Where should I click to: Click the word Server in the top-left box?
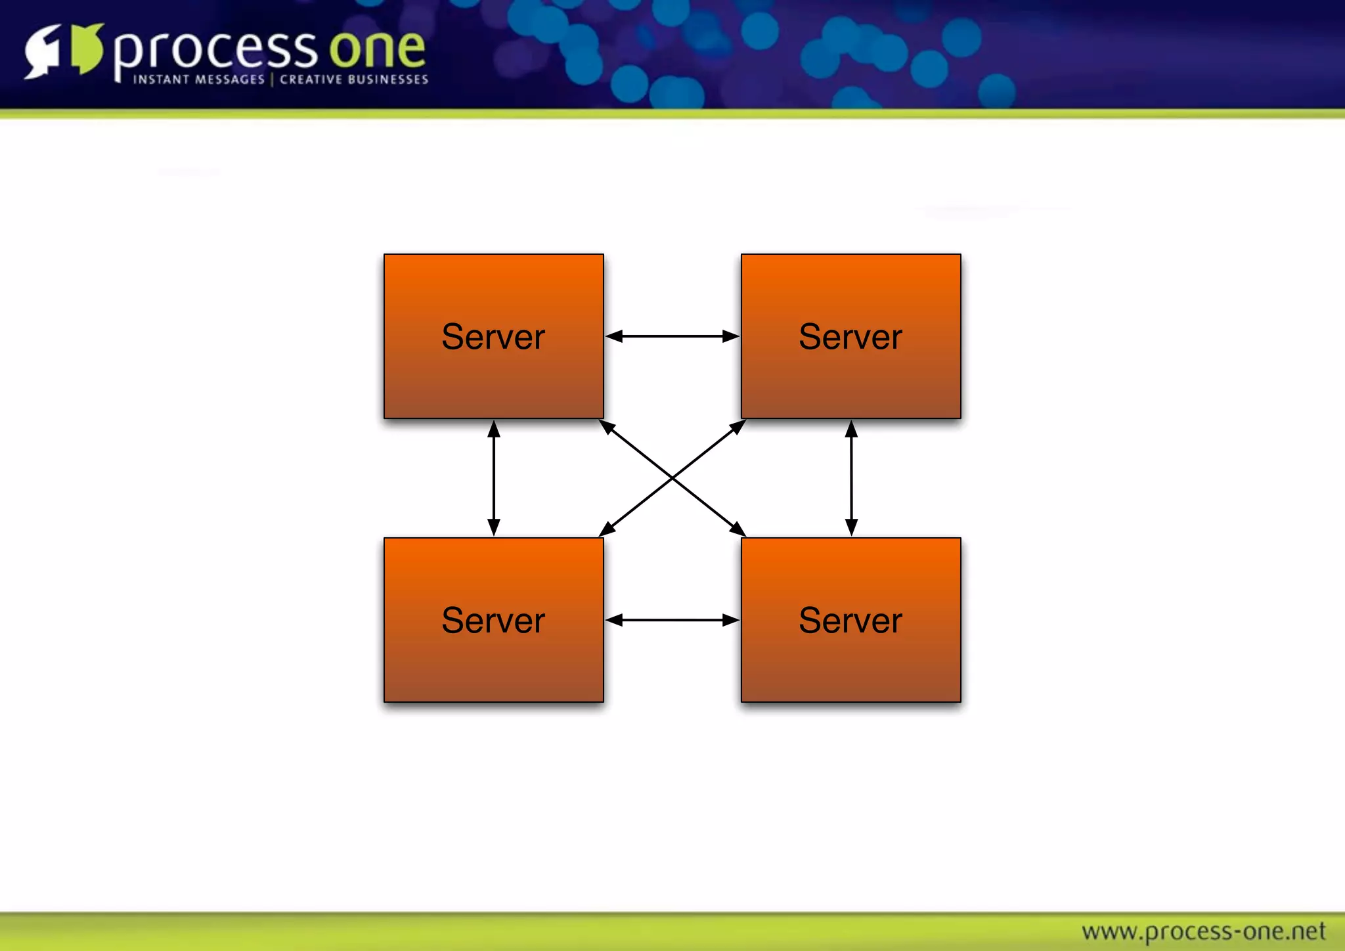point(493,337)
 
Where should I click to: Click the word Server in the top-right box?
point(850,337)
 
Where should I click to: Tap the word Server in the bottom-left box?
point(493,621)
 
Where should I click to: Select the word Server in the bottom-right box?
point(850,621)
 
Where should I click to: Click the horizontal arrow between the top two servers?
point(672,336)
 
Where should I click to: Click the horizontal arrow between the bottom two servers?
point(672,620)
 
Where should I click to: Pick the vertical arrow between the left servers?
point(494,478)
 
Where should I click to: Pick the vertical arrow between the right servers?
point(851,478)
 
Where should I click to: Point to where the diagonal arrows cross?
point(672,478)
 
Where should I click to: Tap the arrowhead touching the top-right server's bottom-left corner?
point(738,428)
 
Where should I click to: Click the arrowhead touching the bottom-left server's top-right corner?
point(607,529)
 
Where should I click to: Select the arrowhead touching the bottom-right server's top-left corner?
point(738,529)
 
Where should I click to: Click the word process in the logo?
point(215,50)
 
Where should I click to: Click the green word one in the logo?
point(377,49)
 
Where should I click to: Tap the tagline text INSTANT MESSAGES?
point(198,79)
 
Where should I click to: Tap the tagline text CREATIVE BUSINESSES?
point(354,79)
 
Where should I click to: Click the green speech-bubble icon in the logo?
point(87,49)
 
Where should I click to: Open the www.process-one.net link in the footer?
point(1203,931)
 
